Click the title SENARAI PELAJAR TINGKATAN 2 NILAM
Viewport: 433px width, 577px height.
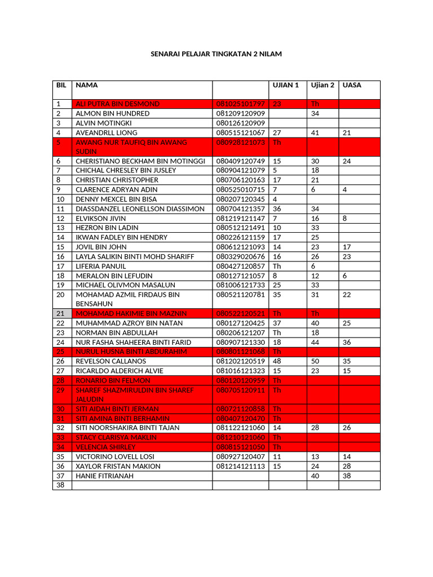pos(216,54)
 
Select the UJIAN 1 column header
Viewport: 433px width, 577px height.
pos(285,85)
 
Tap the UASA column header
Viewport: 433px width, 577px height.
pos(352,85)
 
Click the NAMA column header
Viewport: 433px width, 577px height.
pos(87,85)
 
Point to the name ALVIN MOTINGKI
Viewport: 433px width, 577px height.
pos(104,123)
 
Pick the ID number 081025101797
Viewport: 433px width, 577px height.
pos(240,104)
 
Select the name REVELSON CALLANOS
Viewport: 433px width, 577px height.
pos(111,361)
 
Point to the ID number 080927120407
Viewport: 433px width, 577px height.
pos(240,456)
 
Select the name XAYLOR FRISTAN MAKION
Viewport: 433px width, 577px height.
pos(118,466)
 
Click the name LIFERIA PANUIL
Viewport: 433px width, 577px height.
pos(101,266)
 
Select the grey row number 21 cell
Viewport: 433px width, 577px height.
pos(61,313)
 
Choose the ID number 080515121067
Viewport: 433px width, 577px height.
pos(240,132)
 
